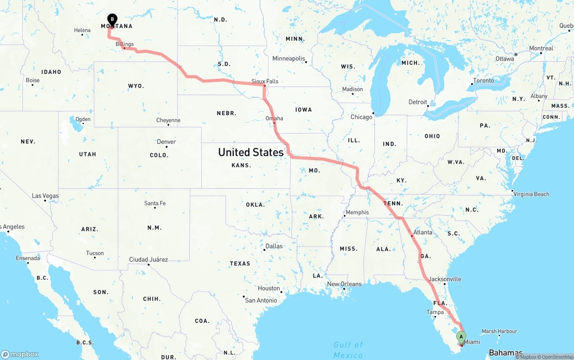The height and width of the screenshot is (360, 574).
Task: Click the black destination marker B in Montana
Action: pos(112,19)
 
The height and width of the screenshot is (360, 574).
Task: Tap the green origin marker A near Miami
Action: pos(461,337)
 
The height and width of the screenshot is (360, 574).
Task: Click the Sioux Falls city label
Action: pos(265,81)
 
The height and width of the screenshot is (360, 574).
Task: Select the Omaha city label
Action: pos(274,118)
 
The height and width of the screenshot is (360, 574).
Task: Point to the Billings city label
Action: pos(125,44)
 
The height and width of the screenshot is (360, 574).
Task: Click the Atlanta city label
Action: pos(423,232)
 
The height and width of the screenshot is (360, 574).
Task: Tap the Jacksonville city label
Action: pos(445,279)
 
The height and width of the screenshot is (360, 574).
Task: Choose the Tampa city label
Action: pos(435,312)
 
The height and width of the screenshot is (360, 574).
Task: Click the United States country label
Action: pos(251,152)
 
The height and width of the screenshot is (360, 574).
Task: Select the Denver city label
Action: pos(166,142)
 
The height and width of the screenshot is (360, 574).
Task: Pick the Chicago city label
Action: pos(361,117)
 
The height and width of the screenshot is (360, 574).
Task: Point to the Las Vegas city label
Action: pos(45,196)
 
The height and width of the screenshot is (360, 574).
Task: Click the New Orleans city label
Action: pos(344,284)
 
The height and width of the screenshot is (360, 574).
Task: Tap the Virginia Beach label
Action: pos(532,194)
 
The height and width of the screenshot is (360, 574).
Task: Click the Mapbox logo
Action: pos(20,354)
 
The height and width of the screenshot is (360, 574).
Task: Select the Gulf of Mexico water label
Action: pos(348,350)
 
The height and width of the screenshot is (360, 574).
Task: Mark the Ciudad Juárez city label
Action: pos(148,259)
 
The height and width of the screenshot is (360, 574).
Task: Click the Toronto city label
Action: pos(483,81)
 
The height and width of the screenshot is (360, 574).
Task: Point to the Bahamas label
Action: pos(506,352)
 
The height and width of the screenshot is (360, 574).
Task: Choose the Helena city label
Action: pos(82,30)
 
